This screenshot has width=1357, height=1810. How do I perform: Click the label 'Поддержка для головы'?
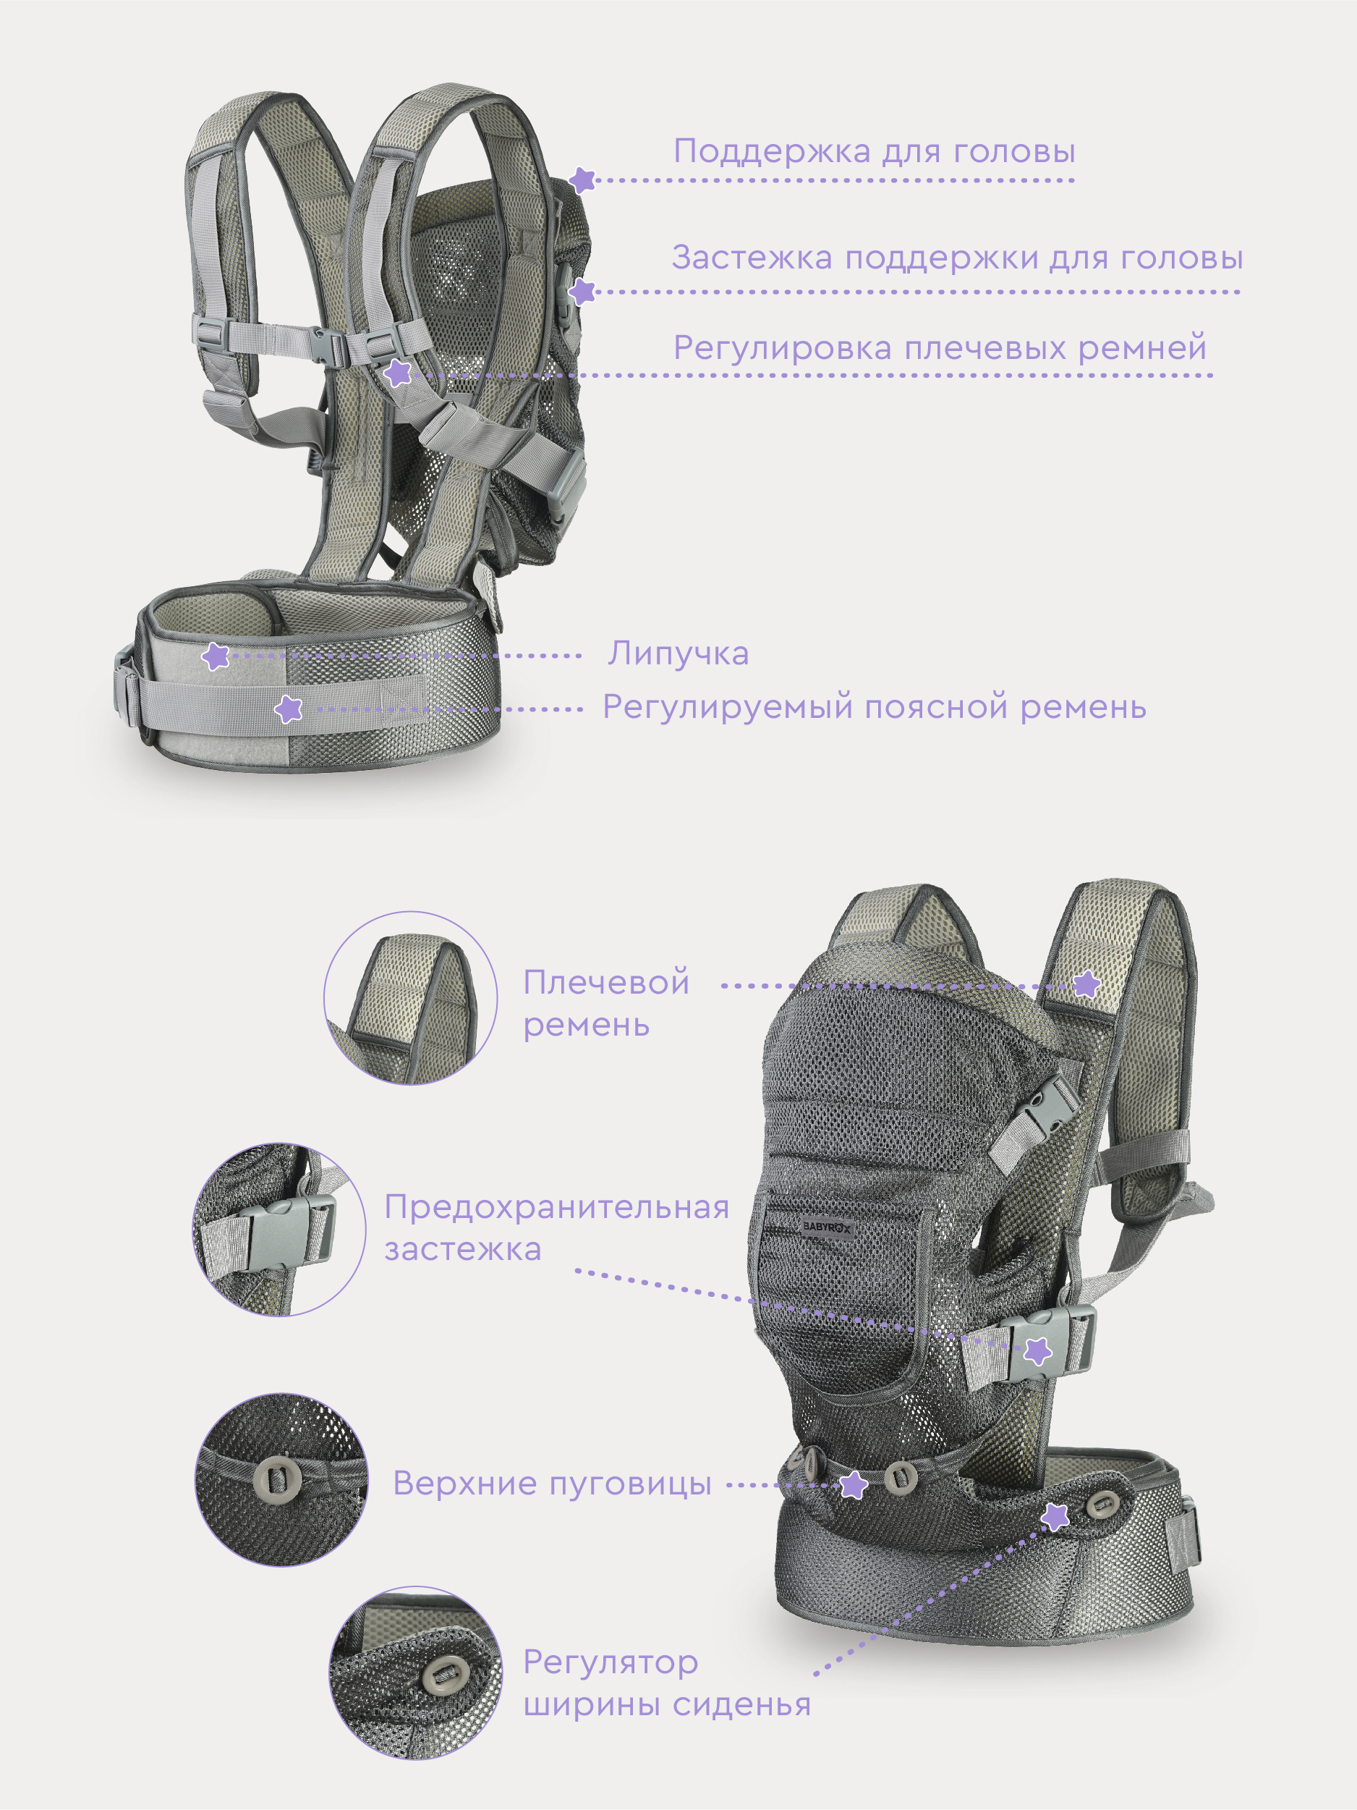874,151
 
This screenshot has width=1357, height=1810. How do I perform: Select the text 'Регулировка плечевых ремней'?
940,348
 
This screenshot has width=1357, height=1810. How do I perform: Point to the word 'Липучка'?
678,654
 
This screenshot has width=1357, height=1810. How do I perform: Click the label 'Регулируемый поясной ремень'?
875,707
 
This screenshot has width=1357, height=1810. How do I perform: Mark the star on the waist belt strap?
288,709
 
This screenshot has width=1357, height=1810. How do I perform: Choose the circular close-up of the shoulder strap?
411,998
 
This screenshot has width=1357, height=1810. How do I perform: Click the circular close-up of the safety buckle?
279,1230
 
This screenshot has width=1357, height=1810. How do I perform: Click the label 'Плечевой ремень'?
606,1003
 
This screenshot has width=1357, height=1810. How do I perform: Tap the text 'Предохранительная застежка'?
556,1227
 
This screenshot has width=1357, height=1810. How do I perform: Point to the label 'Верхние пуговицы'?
552,1484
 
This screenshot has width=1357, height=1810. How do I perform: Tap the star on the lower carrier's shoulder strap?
1086,984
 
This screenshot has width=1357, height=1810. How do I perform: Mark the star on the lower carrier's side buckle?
1038,1350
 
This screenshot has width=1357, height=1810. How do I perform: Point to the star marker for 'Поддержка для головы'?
582,180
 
